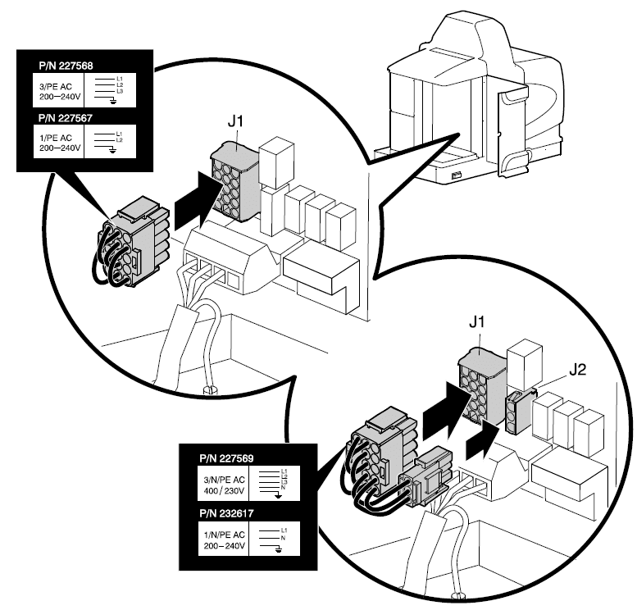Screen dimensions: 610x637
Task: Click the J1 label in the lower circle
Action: coord(477,325)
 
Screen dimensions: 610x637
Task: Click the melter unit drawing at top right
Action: coord(475,98)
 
